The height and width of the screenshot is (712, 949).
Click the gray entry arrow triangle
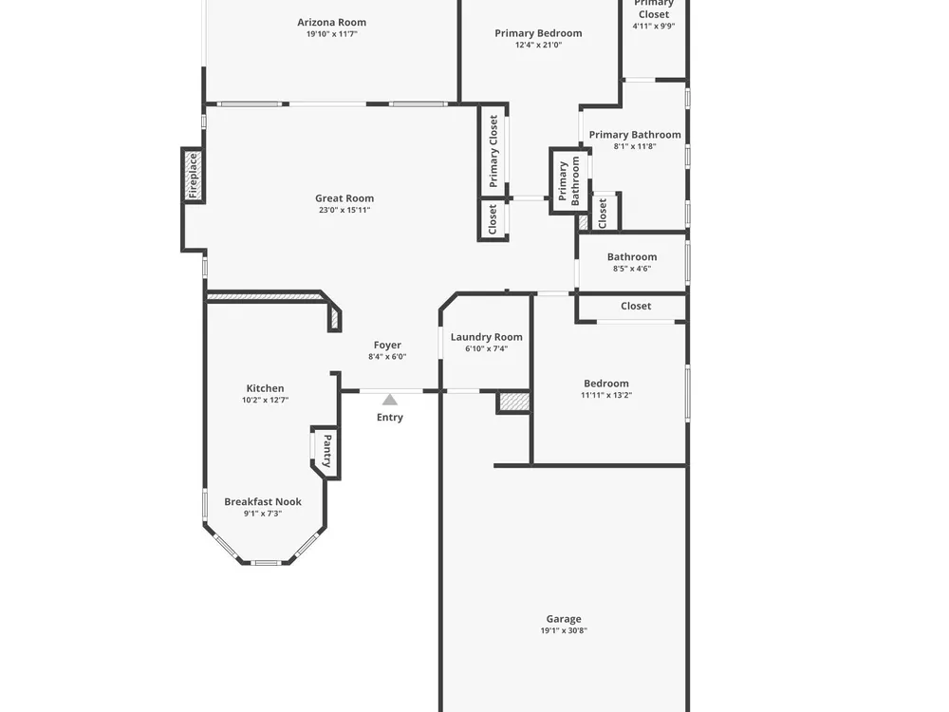point(390,400)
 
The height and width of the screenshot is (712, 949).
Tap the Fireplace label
point(193,176)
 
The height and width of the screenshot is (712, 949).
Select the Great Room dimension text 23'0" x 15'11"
point(344,210)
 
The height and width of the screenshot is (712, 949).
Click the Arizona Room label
point(331,23)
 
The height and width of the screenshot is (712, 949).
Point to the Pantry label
point(327,451)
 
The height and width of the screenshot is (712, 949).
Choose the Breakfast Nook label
point(263,502)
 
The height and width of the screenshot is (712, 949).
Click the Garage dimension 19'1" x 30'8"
point(564,630)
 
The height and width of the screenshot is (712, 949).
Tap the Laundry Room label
point(487,337)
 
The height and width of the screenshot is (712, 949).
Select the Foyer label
point(387,346)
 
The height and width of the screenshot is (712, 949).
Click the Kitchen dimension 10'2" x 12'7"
point(265,400)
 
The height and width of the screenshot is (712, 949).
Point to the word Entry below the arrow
point(390,417)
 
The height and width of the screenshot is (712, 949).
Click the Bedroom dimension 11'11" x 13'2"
point(606,395)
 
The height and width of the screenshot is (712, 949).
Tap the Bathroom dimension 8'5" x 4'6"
point(632,269)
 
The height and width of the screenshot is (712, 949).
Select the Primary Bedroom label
point(539,33)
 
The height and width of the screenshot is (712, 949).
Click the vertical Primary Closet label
point(493,151)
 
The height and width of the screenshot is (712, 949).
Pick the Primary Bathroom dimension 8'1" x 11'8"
point(635,146)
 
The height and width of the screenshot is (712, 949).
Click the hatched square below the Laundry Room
point(514,403)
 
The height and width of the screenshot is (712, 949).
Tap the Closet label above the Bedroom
point(636,307)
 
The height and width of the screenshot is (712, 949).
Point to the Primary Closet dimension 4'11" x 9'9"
point(654,26)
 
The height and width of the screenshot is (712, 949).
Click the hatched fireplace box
point(193,176)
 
